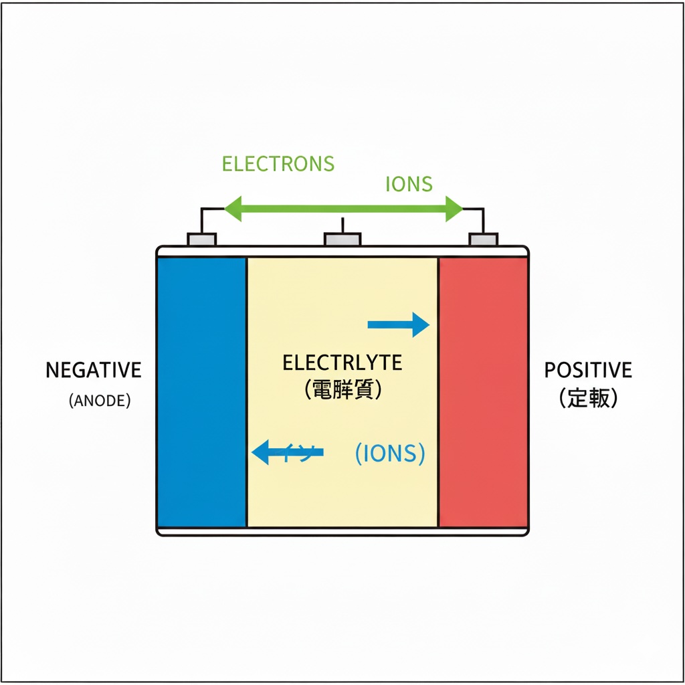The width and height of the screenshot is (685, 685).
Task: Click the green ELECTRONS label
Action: [x=278, y=163]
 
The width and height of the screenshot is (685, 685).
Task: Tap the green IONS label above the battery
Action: [x=409, y=184]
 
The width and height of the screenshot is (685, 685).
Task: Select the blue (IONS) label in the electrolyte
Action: [x=389, y=454]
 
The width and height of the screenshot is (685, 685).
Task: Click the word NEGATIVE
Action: [x=94, y=370]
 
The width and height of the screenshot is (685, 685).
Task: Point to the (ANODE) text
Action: [x=100, y=401]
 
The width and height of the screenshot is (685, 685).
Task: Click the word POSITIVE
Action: [x=588, y=370]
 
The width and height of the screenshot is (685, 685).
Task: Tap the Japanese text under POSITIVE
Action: [x=588, y=399]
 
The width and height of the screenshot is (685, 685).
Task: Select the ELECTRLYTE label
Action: [x=342, y=363]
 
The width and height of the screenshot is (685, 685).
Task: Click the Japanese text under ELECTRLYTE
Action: [x=342, y=390]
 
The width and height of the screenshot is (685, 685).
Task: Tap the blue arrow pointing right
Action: [x=399, y=324]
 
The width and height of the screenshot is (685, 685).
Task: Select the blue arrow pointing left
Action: [x=286, y=453]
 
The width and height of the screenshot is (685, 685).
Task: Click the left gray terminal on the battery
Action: [x=201, y=239]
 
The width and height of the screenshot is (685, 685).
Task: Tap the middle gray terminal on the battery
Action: [x=342, y=239]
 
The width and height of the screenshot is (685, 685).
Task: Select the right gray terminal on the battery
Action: [x=483, y=239]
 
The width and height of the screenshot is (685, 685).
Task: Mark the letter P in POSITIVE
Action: [x=549, y=370]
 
